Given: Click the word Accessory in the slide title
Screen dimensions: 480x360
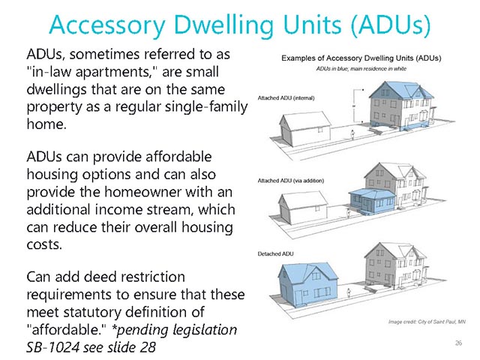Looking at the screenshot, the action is click(x=107, y=25).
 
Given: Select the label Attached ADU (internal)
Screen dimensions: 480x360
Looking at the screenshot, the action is click(x=286, y=98).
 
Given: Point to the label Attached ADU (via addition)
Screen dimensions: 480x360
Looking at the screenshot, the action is click(x=290, y=181).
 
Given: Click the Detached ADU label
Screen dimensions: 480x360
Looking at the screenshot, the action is click(x=275, y=253).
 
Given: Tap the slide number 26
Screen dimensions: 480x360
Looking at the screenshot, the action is click(x=458, y=343).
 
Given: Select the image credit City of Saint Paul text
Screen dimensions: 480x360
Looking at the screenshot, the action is click(x=427, y=322).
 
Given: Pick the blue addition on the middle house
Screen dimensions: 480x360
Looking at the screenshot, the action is click(x=373, y=201).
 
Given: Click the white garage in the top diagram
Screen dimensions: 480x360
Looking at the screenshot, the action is click(x=305, y=128).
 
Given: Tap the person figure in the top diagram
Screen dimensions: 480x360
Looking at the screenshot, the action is click(x=352, y=134).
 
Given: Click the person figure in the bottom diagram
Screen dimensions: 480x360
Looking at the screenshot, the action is click(x=348, y=293).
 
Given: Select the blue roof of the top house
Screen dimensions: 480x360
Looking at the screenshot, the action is click(x=400, y=90).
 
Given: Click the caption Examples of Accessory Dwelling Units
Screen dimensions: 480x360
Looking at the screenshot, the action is click(x=361, y=58).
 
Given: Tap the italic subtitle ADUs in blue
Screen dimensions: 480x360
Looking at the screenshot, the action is click(x=361, y=68).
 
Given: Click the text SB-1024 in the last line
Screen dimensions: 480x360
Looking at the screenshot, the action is click(x=52, y=347).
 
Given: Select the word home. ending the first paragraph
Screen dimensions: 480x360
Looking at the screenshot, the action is click(x=46, y=124).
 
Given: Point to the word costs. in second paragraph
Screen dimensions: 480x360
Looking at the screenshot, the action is click(x=44, y=244).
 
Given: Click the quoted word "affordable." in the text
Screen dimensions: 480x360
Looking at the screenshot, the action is click(x=66, y=330).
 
